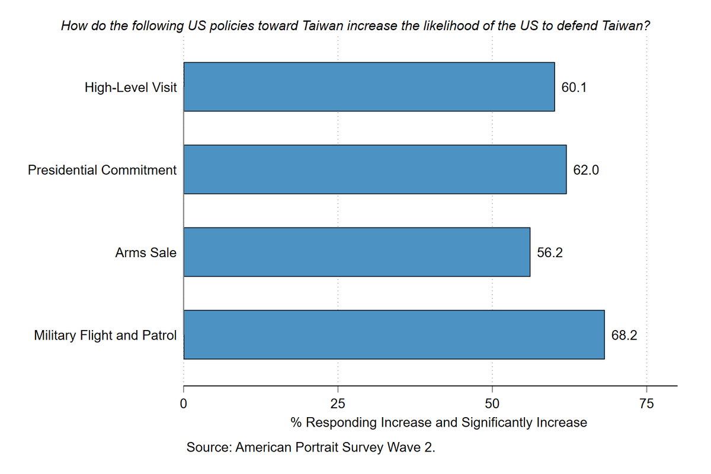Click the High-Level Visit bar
369,87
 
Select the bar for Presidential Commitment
375,169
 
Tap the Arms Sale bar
357,252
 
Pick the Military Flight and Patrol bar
394,335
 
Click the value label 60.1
574,87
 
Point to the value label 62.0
585,170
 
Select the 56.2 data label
549,253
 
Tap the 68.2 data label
624,335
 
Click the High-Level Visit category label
130,87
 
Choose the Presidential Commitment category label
102,170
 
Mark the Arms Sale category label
146,253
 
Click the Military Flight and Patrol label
105,335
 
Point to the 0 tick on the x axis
183,404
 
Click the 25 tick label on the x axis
338,404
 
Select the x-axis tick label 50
492,404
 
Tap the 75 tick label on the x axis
647,404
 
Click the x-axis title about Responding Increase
438,422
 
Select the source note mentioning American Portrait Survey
310,447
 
